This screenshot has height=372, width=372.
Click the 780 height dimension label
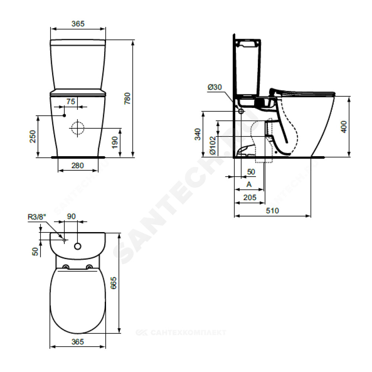pos(127,99)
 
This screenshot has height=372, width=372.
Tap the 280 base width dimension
pos(78,166)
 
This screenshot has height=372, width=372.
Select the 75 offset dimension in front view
pos(71,102)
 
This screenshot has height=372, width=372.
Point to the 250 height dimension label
pos(32,137)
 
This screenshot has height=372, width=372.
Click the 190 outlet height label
pos(115,142)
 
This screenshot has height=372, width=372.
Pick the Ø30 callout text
pos(215,87)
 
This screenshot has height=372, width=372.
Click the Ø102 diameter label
pos(213,145)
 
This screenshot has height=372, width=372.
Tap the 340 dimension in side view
pos(198,134)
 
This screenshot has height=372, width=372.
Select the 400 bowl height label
pos(344,127)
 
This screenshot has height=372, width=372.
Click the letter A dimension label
pos(249,185)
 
